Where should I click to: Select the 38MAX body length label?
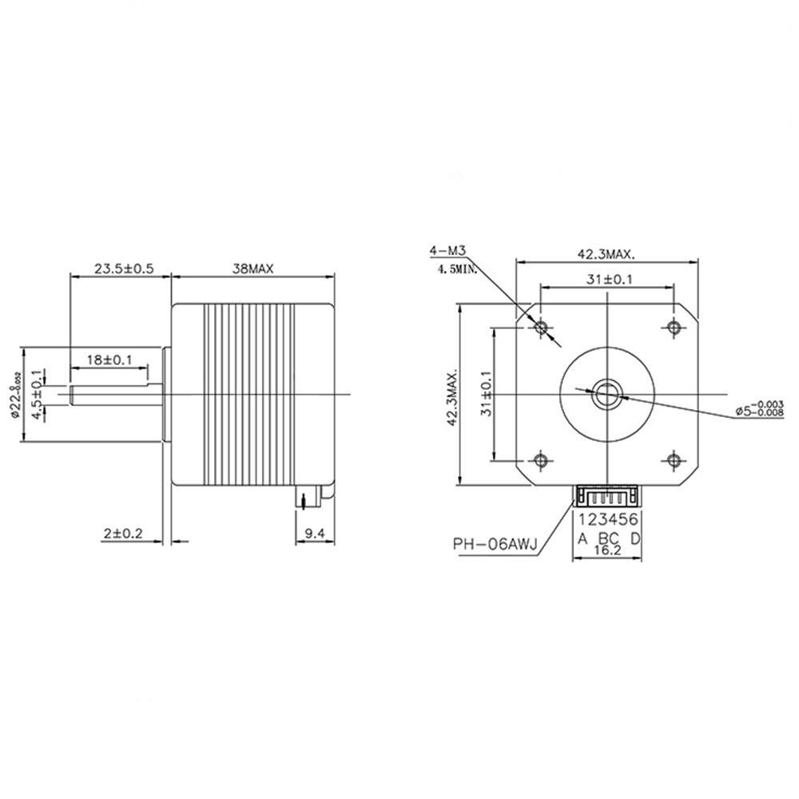click(252, 269)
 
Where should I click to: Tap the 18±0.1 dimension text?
click(108, 360)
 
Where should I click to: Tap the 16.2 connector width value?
click(608, 551)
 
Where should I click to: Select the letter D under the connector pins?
click(635, 538)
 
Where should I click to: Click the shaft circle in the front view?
click(606, 392)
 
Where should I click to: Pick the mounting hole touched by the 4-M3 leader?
click(541, 327)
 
